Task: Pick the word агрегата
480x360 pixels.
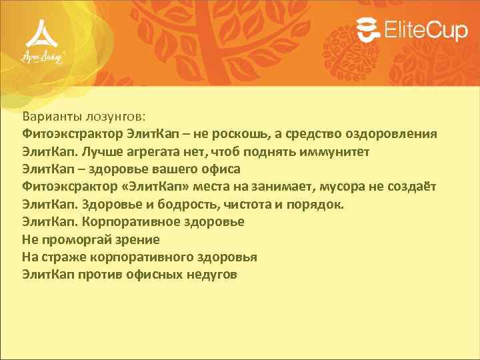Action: (x=155, y=151)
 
